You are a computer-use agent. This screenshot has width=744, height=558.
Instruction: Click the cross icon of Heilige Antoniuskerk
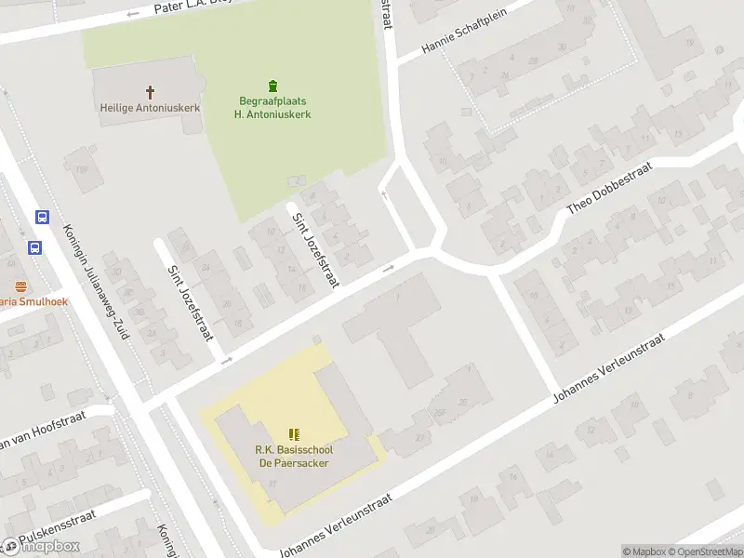[150, 91]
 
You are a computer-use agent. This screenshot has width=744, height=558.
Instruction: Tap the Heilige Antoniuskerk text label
[150, 107]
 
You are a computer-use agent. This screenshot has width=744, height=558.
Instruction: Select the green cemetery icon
[272, 86]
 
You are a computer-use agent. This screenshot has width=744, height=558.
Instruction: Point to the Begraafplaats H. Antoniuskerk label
[272, 107]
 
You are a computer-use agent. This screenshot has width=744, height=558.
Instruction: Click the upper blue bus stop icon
[42, 217]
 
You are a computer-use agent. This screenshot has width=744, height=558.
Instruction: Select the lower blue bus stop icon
[34, 248]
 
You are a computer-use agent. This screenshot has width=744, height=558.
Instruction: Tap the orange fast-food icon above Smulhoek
[18, 286]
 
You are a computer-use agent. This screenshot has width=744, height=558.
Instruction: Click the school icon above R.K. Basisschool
[295, 433]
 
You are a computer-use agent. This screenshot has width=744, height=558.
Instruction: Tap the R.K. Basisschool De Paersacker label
[293, 457]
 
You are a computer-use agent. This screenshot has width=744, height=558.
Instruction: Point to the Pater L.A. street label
[185, 8]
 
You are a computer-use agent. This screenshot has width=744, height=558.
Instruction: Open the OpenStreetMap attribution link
[704, 551]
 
